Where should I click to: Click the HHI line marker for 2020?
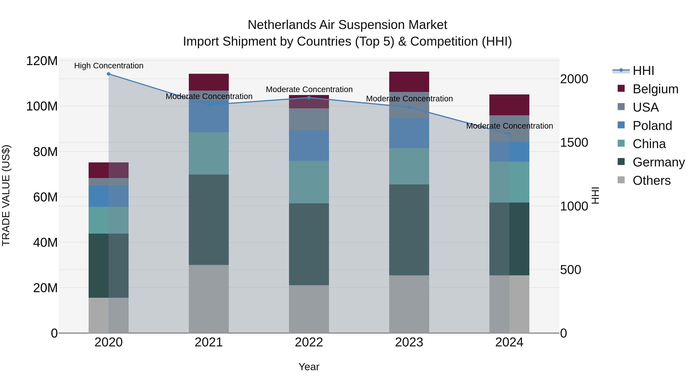(108, 74)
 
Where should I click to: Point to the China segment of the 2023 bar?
(409, 166)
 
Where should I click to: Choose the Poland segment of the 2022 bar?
(309, 146)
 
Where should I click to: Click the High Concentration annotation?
(109, 66)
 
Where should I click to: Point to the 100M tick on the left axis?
(42, 106)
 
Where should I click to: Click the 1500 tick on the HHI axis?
(574, 142)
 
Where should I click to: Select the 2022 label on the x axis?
(309, 342)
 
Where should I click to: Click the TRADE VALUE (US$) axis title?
(6, 195)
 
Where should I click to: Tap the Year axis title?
(309, 367)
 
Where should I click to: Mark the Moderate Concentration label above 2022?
(309, 89)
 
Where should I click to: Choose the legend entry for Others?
(651, 181)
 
